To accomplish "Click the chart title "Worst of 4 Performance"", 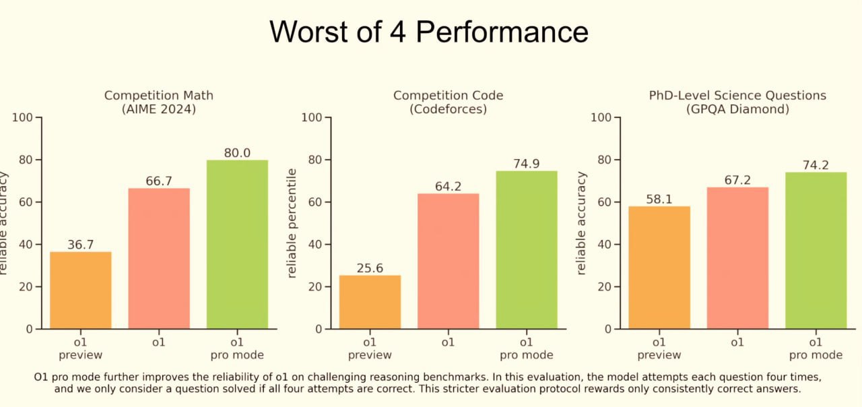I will [429, 32].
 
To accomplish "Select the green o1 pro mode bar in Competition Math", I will [237, 244].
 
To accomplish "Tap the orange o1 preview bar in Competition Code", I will [370, 301].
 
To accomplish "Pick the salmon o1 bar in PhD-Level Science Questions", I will [737, 257].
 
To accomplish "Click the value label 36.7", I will [81, 245].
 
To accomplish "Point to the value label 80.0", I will [237, 153].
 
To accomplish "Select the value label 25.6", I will [370, 268].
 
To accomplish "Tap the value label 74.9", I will [527, 164].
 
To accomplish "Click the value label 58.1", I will [659, 199].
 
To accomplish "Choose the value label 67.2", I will [737, 180].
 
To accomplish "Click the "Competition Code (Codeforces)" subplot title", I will [448, 102].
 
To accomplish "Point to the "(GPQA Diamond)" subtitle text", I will [737, 109].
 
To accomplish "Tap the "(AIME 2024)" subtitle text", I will [159, 109].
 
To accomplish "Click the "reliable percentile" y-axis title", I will [292, 223].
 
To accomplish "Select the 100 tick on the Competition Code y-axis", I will [312, 118].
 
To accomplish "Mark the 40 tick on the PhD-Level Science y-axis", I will [605, 245].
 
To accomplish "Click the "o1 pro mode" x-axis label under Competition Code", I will [527, 348].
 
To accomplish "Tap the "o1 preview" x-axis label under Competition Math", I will [81, 348].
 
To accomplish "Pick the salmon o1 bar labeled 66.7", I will [159, 258].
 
